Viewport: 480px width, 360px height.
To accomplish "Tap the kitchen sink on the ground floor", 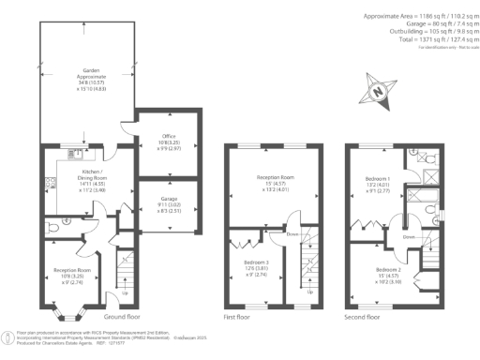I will [x=71, y=153].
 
